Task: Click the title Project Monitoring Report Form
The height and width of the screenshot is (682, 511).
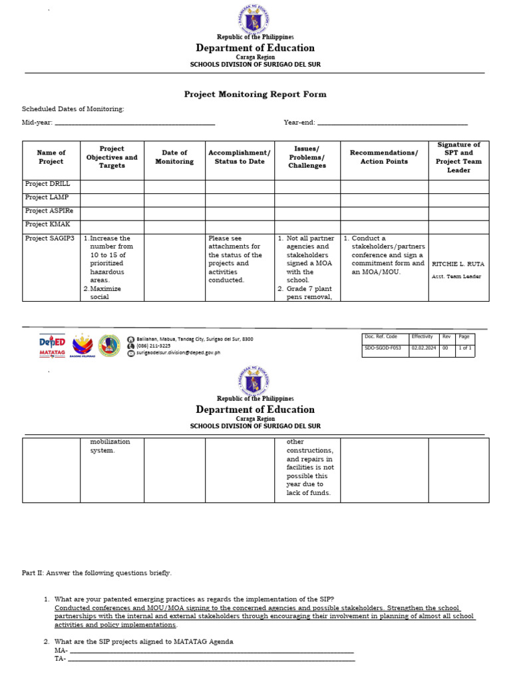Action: click(255, 95)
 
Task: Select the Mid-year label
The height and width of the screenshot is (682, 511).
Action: click(37, 123)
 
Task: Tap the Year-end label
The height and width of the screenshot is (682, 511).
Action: click(299, 123)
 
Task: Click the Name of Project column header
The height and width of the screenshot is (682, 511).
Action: click(51, 157)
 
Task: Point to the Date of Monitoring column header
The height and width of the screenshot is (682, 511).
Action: click(174, 157)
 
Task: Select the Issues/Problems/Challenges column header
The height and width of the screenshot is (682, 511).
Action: click(307, 157)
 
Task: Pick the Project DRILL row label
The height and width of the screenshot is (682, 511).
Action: click(47, 184)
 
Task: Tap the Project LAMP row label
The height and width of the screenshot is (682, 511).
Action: click(47, 197)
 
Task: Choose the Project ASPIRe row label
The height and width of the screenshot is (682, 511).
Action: click(49, 211)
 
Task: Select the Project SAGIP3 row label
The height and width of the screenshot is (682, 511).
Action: click(49, 238)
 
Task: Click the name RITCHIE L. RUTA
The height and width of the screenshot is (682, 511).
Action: click(458, 264)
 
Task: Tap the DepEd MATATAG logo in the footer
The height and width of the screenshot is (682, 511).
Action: click(52, 346)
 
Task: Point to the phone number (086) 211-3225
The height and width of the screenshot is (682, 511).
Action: click(153, 346)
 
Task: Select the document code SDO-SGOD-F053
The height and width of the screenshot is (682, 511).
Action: click(383, 348)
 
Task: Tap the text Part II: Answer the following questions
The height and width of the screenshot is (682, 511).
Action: click(96, 573)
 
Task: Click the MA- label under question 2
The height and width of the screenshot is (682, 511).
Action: click(61, 650)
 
